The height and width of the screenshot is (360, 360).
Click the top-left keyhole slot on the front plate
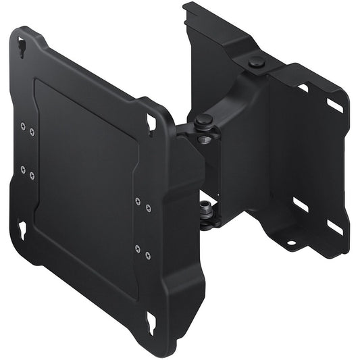[22, 47]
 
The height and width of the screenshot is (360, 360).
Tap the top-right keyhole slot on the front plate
[151, 122]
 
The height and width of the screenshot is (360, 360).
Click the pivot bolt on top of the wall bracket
[256, 63]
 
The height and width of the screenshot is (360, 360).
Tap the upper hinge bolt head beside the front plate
[203, 122]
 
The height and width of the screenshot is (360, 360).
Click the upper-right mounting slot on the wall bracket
[335, 105]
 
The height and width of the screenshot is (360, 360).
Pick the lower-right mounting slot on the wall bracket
[334, 227]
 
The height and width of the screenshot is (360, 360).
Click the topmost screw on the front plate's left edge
[22, 125]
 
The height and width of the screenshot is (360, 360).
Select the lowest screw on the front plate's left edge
[32, 176]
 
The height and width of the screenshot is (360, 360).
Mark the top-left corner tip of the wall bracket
[186, 5]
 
